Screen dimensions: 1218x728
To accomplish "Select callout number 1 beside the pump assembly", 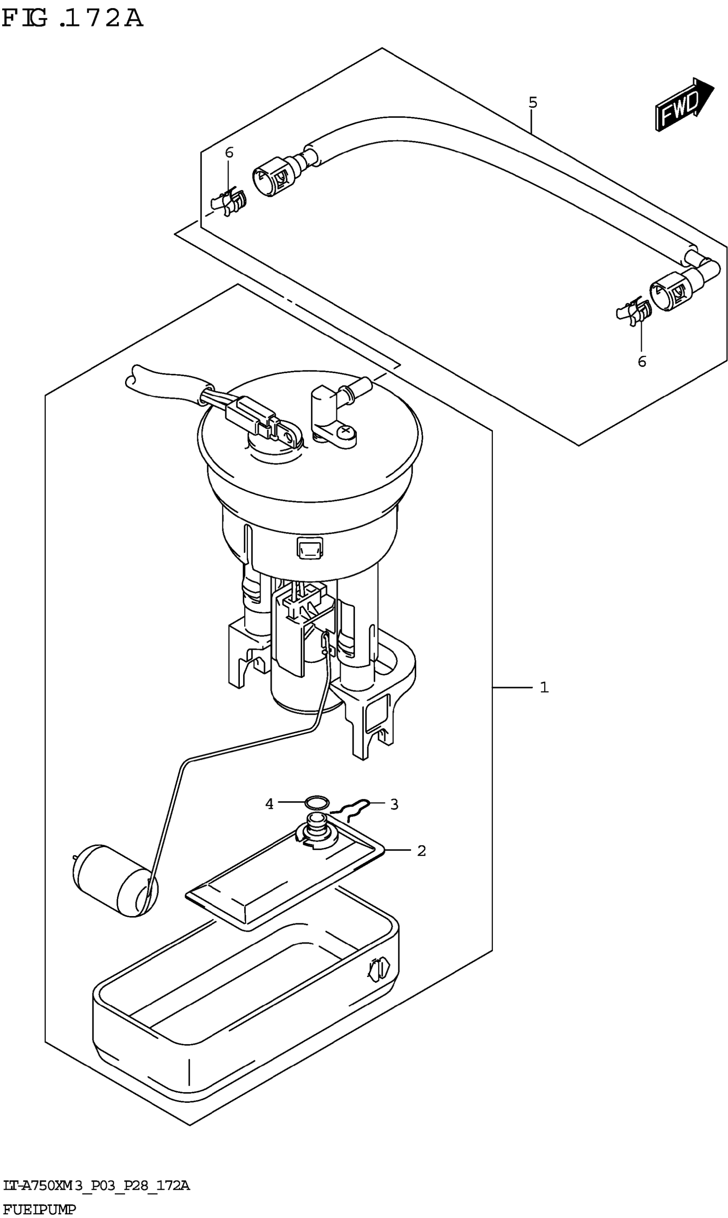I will pyautogui.click(x=544, y=687).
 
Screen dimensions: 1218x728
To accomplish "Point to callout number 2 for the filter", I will pyautogui.click(x=421, y=851).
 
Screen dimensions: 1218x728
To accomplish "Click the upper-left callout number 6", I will pyautogui.click(x=229, y=152).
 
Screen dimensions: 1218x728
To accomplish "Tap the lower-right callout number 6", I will pyautogui.click(x=641, y=361).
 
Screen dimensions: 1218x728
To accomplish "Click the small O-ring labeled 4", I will pyautogui.click(x=317, y=803).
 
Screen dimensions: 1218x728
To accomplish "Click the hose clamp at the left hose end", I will pyautogui.click(x=229, y=202).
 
